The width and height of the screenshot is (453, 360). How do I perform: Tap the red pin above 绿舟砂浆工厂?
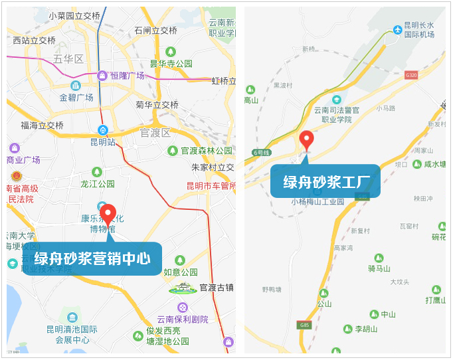(306, 139)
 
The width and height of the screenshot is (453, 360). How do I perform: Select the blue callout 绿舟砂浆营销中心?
(92, 258)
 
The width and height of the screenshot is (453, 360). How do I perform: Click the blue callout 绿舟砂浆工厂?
(325, 181)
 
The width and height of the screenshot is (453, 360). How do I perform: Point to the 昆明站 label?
(103, 141)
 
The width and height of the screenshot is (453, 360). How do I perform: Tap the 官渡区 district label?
(155, 133)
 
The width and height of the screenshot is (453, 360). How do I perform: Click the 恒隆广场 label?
(127, 76)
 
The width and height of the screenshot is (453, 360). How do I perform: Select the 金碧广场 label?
(76, 97)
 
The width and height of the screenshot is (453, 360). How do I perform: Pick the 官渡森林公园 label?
(207, 151)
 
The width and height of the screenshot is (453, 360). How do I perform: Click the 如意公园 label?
(181, 272)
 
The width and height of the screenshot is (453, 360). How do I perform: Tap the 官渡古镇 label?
(217, 288)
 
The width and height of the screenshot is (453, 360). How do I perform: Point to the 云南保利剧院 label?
(183, 319)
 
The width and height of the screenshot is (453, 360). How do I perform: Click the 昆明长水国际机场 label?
(420, 30)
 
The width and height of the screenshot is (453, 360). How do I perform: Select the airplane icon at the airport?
(397, 30)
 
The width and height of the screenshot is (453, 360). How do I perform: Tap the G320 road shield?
(411, 75)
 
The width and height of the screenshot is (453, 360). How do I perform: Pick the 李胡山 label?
(366, 329)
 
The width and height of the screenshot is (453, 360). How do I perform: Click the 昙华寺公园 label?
(171, 64)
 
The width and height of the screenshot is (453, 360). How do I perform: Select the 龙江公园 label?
(98, 183)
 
